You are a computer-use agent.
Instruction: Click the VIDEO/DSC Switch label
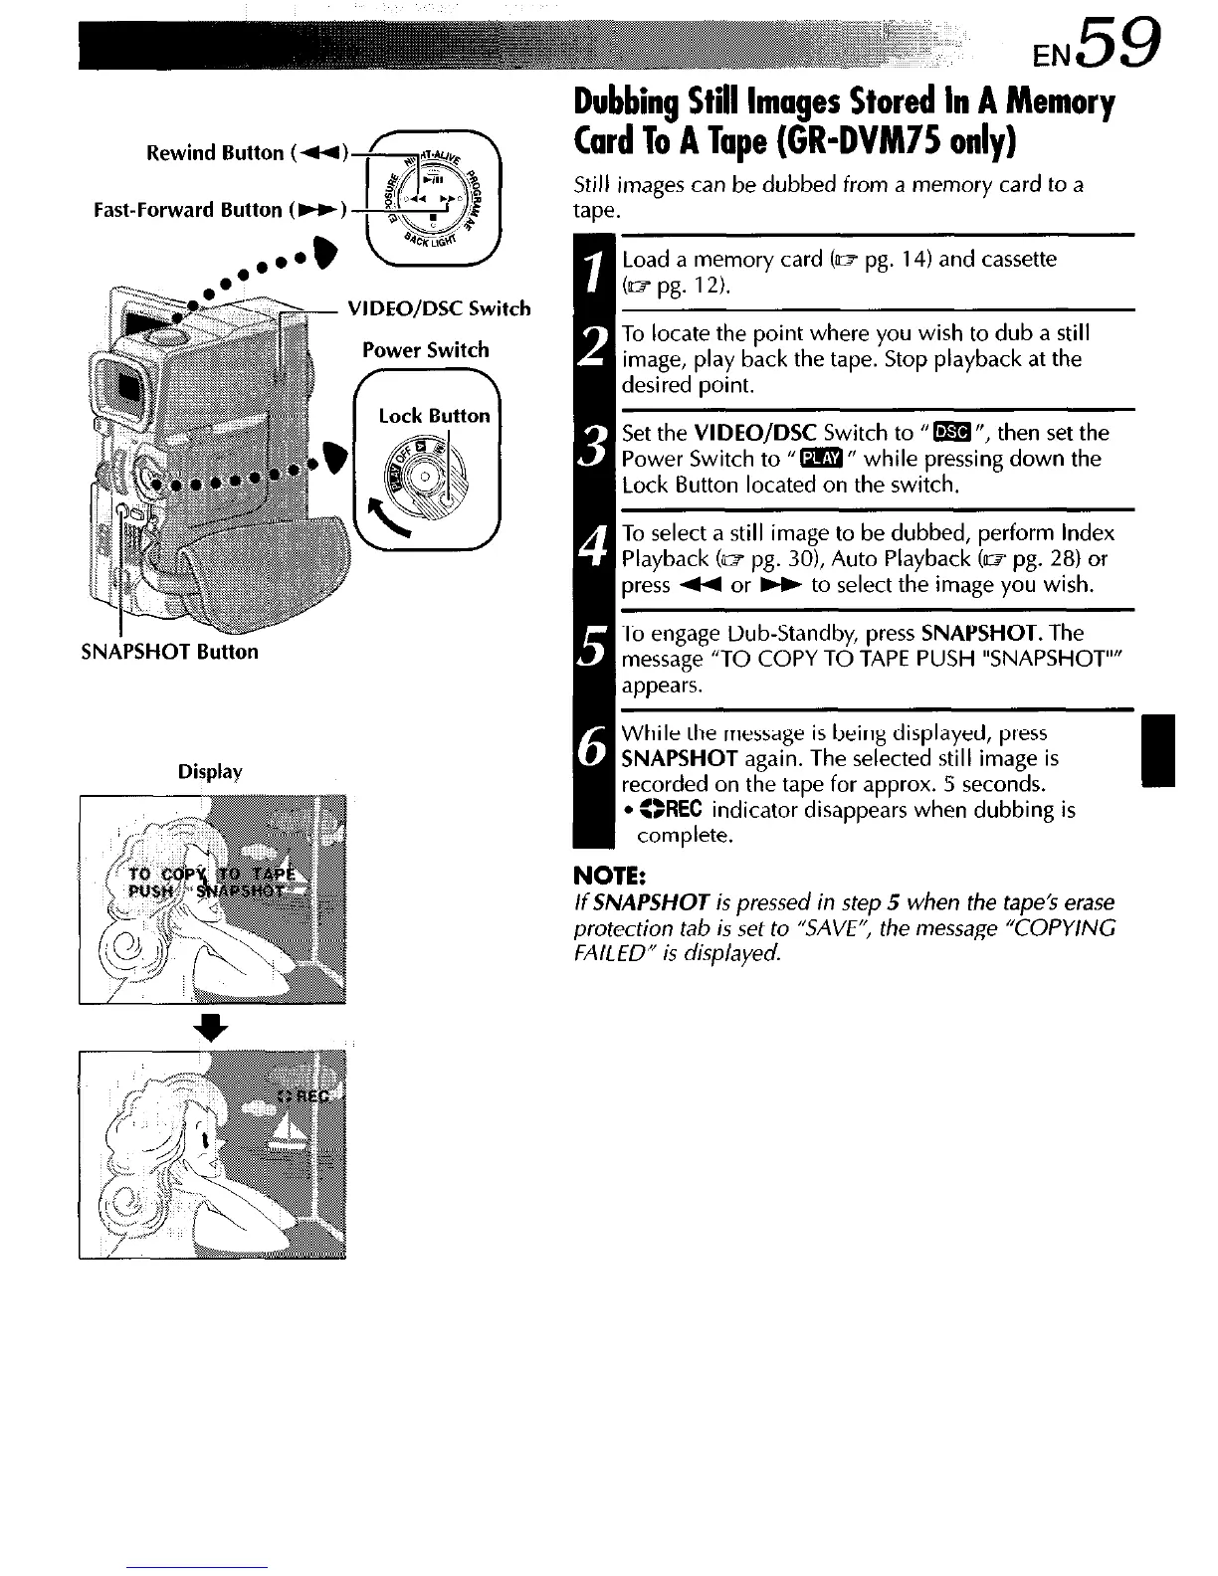(438, 308)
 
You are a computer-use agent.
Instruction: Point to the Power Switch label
(425, 350)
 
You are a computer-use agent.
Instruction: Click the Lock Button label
(434, 416)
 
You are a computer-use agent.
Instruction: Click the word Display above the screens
(210, 772)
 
